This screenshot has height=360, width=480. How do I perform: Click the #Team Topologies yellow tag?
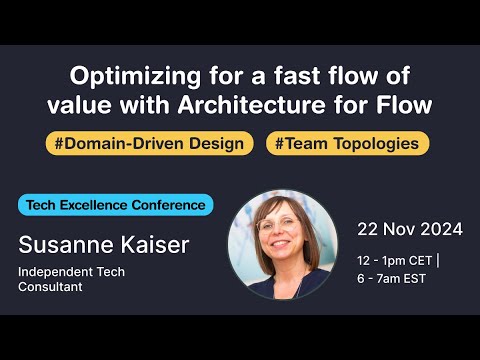click(347, 143)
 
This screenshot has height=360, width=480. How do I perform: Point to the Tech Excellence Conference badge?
click(116, 205)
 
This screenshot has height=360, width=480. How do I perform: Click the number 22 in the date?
click(369, 229)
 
